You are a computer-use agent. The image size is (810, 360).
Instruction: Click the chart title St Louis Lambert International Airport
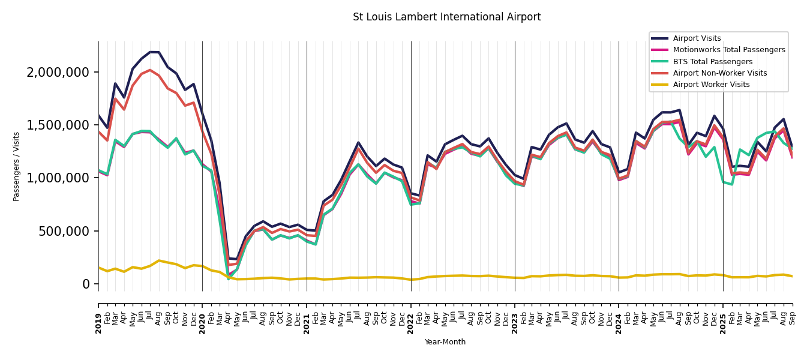pyautogui.click(x=446, y=17)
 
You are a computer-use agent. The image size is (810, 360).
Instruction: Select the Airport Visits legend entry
pyautogui.click(x=697, y=38)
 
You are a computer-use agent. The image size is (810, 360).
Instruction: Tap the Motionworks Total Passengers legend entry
pyautogui.click(x=728, y=50)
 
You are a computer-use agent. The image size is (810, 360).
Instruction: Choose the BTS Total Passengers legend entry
pyautogui.click(x=712, y=62)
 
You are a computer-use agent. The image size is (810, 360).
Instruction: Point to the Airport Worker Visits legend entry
pyautogui.click(x=711, y=85)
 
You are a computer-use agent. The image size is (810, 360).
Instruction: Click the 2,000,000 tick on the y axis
pyautogui.click(x=58, y=72)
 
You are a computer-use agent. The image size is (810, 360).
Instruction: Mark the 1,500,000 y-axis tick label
pyautogui.click(x=58, y=125)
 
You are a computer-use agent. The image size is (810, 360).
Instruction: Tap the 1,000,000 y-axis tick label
pyautogui.click(x=58, y=178)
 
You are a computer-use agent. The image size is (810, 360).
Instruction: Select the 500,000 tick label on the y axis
pyautogui.click(x=64, y=231)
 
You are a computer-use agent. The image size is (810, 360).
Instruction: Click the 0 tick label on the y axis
pyautogui.click(x=86, y=284)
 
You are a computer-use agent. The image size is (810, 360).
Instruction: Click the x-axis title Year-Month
pyautogui.click(x=445, y=342)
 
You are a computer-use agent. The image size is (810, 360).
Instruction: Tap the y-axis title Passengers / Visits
pyautogui.click(x=17, y=166)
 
